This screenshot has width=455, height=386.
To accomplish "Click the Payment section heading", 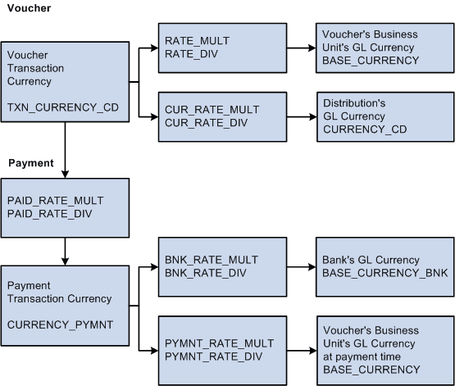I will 30,163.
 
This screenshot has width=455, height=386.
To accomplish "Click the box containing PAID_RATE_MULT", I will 65,207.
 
